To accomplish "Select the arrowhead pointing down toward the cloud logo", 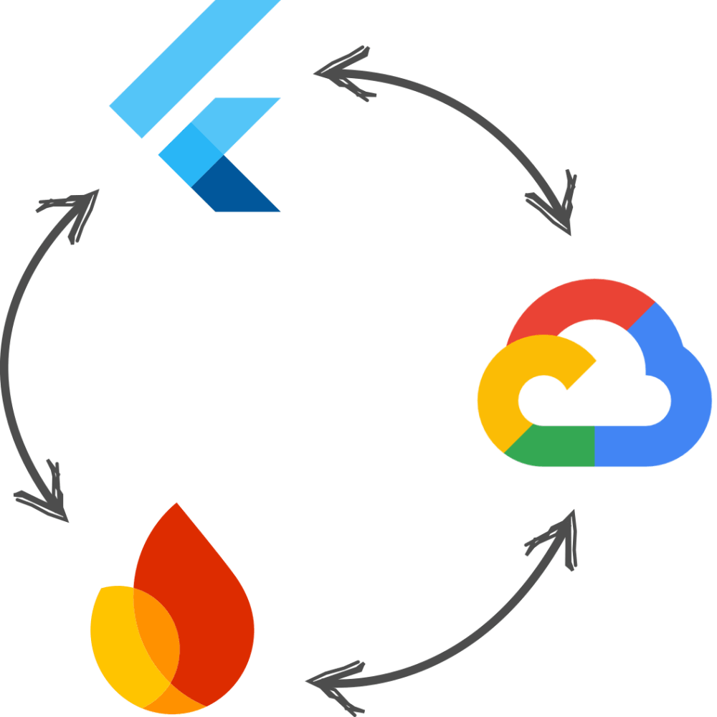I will (559, 208).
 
